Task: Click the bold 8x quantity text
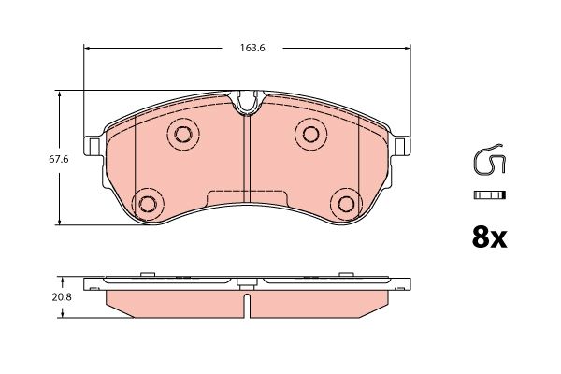click(x=488, y=238)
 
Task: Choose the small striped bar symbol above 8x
click(x=489, y=194)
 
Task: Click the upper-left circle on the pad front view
click(x=181, y=132)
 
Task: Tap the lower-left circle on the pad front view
click(x=147, y=203)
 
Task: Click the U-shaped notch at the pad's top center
click(x=247, y=101)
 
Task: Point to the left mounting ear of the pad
click(x=93, y=146)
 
